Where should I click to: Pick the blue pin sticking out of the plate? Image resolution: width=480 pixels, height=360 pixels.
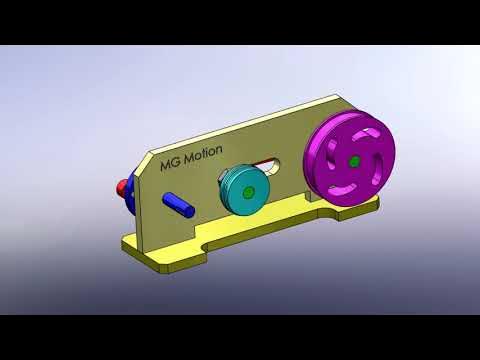(x=181, y=201)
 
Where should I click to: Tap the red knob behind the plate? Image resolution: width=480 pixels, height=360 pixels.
(x=122, y=186)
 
